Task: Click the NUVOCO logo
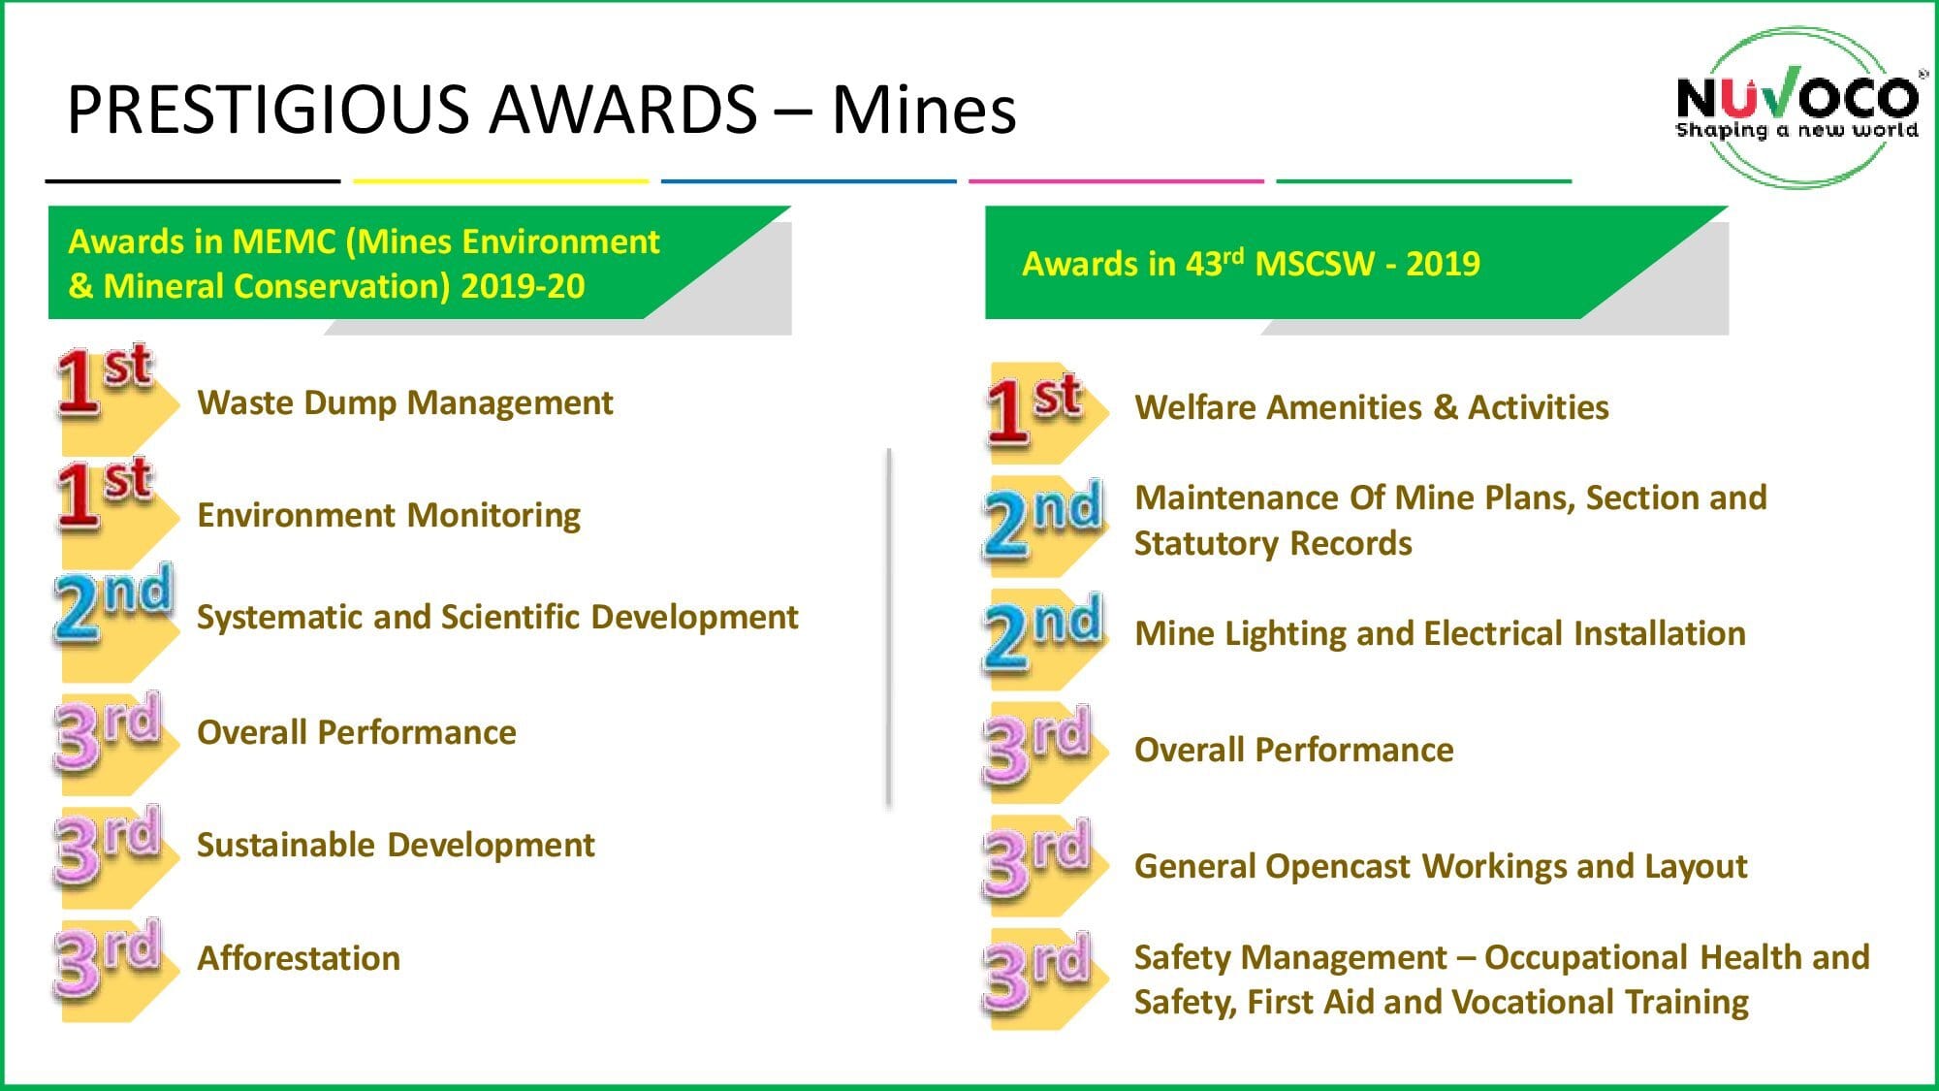(x=1797, y=107)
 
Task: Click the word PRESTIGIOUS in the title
(x=266, y=109)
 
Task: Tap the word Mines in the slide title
(x=924, y=109)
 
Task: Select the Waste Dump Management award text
(x=405, y=402)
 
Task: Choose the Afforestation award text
(x=299, y=958)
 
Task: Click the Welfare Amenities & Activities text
(x=1372, y=407)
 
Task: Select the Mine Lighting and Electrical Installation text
(x=1441, y=633)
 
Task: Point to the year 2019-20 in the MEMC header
(x=523, y=286)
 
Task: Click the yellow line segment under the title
(x=501, y=180)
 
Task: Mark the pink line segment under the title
(x=1116, y=180)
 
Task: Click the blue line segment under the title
(x=809, y=180)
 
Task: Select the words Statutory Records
(x=1273, y=543)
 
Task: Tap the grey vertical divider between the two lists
(x=888, y=627)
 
